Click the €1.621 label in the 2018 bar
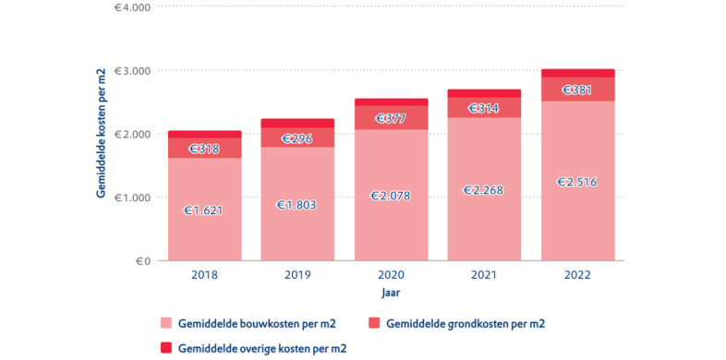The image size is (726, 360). point(204,210)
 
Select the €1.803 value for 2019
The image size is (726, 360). point(297,204)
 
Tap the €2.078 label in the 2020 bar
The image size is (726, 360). point(391,196)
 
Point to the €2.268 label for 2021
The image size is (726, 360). point(484,190)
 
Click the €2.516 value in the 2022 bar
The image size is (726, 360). point(577,182)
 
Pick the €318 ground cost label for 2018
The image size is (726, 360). point(204,148)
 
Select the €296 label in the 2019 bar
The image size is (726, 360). point(297,138)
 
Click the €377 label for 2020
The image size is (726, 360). point(391,118)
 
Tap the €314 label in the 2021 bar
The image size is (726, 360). point(484,108)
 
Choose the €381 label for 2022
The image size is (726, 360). point(577,90)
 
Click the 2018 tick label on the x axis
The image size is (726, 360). point(204,275)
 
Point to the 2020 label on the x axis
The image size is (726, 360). point(391,275)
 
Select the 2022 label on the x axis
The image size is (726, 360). point(577,275)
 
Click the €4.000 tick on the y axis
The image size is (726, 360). point(131,7)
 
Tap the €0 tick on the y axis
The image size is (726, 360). point(143,261)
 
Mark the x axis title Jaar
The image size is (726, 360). point(391,293)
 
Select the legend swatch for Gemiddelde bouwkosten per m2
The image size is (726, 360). point(166,323)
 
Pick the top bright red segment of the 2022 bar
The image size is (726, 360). point(577,73)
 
